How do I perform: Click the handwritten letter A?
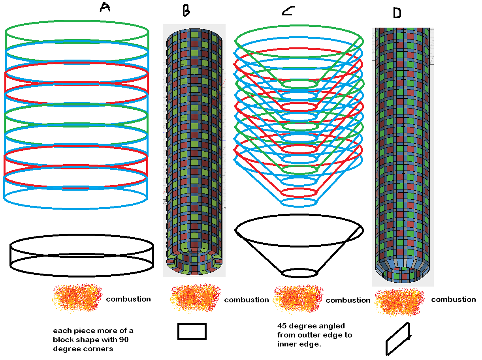(x=105, y=7)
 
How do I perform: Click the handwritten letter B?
(x=186, y=11)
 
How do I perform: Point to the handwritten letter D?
(x=397, y=13)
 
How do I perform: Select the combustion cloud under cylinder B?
(x=195, y=300)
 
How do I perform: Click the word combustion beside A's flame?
(x=128, y=299)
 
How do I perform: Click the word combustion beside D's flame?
(x=454, y=300)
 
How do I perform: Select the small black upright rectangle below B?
(x=192, y=331)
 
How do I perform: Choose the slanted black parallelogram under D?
(x=398, y=339)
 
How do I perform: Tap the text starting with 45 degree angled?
(x=314, y=335)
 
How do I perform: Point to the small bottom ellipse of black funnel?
(x=299, y=273)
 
